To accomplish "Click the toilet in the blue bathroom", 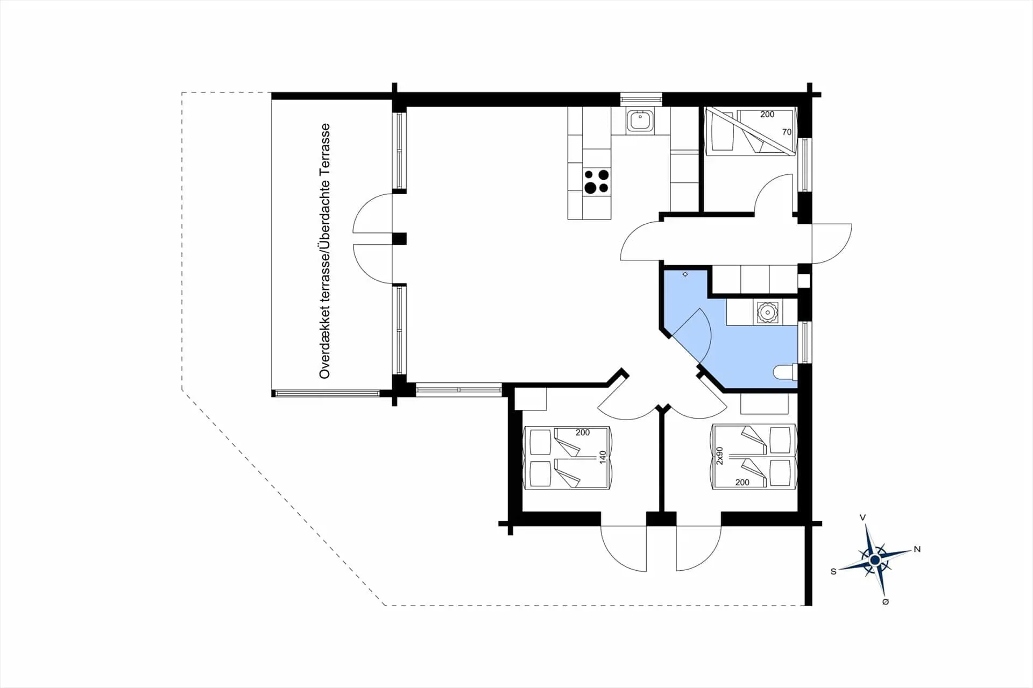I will coord(784,372).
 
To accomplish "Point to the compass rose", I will coord(875,561).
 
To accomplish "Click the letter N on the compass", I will coord(917,549).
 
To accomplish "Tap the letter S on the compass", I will coord(833,571).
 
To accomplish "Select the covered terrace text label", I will coord(324,251).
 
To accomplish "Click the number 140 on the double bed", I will coord(603,457).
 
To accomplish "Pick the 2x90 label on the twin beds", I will coord(720,455).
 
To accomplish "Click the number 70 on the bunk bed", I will coord(787,132).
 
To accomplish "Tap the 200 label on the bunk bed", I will coord(767,114).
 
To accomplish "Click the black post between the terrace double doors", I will coord(399,239).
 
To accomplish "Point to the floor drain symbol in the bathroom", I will coord(685,274).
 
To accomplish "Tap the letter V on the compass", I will coord(862,517).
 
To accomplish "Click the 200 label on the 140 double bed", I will coord(583,432).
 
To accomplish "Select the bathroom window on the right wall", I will coord(804,342).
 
